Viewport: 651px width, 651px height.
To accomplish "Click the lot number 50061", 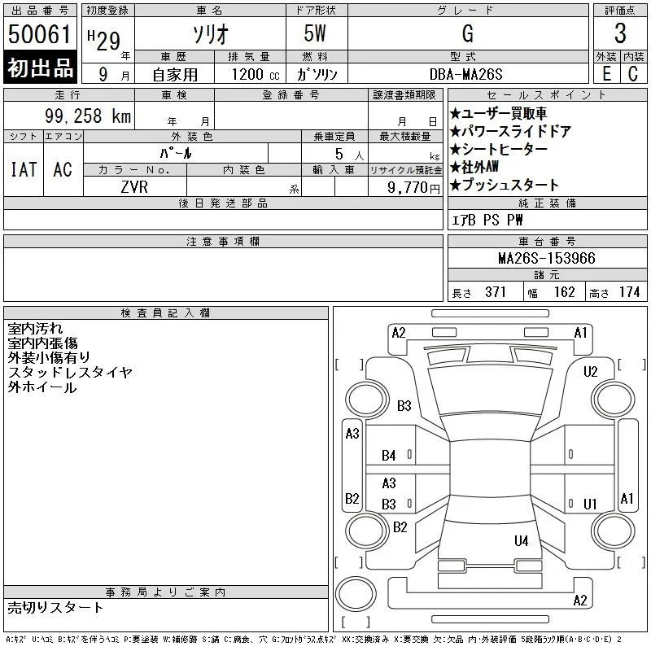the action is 39,34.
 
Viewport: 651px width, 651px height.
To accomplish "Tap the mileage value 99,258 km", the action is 88,116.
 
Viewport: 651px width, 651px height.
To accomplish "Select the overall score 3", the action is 620,33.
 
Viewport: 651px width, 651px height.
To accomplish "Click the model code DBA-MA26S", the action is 465,74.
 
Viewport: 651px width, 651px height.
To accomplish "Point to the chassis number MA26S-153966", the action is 547,258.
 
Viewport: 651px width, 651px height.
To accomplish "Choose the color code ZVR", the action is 134,187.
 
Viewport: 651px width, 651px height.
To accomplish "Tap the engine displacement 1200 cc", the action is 256,75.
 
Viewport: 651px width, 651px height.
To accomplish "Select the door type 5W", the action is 315,33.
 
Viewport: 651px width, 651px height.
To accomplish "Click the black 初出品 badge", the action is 40,68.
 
